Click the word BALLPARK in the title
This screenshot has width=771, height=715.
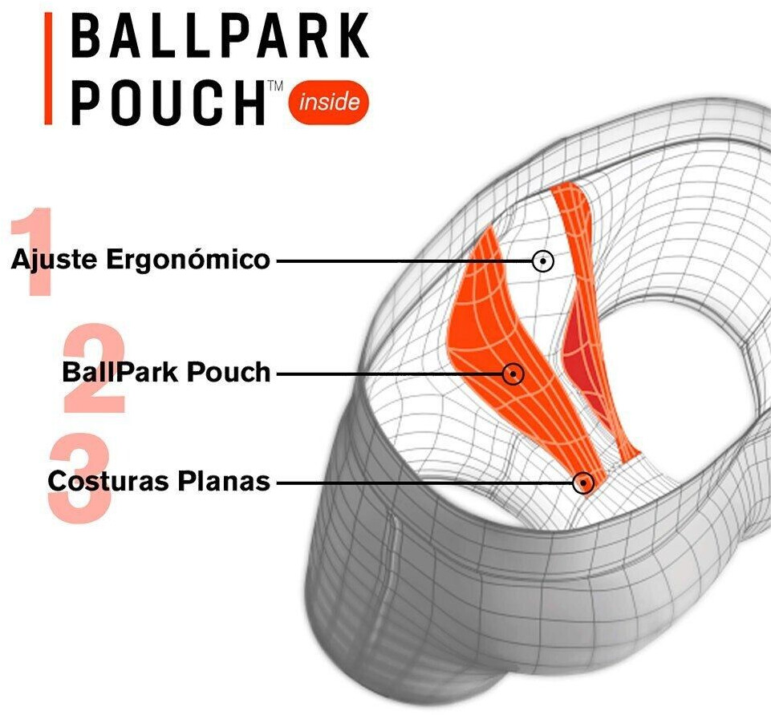(x=221, y=36)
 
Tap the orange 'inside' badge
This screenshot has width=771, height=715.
(x=329, y=102)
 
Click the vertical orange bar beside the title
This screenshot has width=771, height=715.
(x=48, y=68)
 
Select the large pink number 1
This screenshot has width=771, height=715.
(x=34, y=252)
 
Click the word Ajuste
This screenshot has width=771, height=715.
(x=54, y=260)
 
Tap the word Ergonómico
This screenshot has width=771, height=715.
(x=188, y=258)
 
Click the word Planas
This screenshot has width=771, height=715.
(x=224, y=481)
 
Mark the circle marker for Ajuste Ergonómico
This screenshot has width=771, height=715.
(x=543, y=261)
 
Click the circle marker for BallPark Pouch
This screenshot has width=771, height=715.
(x=513, y=374)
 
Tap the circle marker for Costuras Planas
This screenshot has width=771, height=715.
(x=582, y=483)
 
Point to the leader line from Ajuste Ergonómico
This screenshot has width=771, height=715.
(x=404, y=261)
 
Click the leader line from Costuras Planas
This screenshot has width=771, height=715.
(x=424, y=483)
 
